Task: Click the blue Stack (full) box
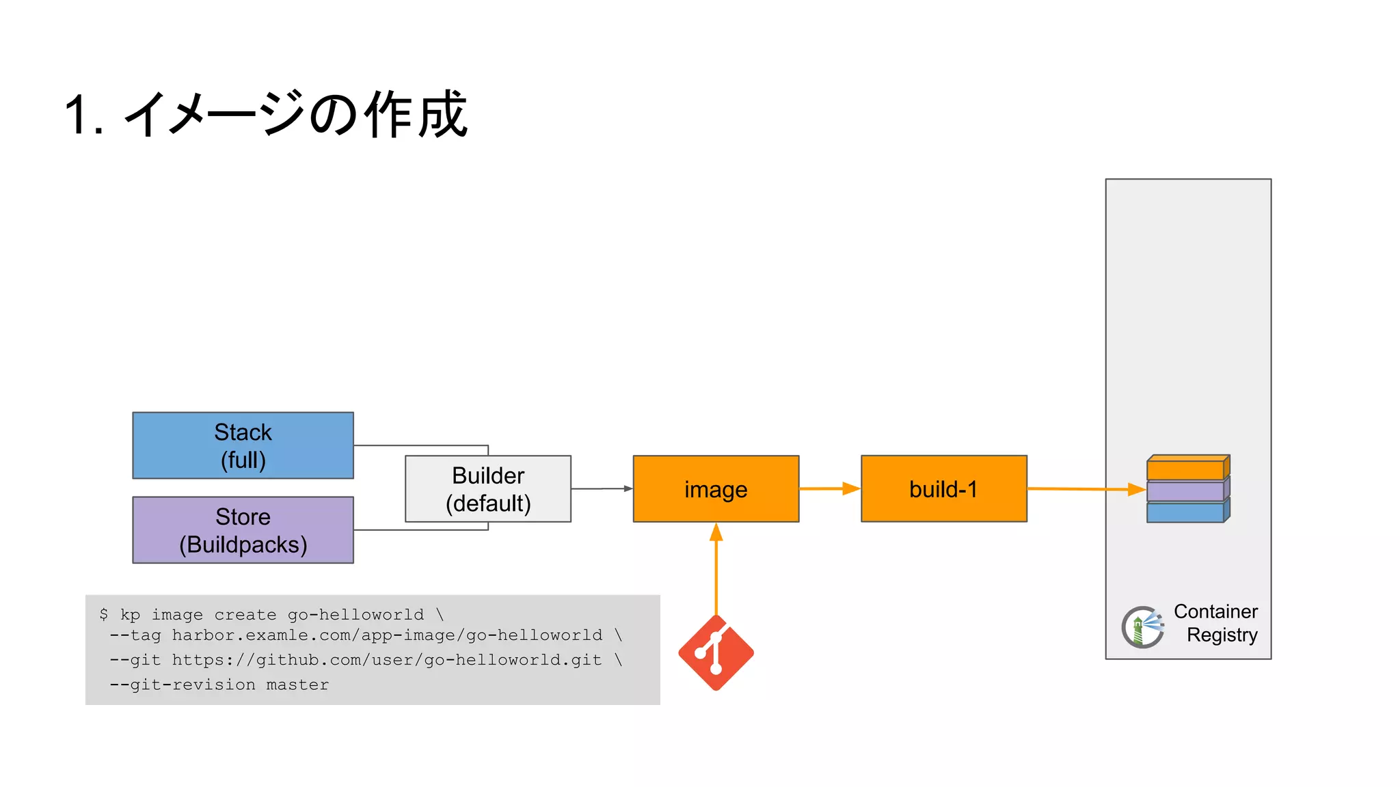[x=243, y=445]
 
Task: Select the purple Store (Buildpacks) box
[x=243, y=530]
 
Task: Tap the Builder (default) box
[x=488, y=489]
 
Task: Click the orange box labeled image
[x=716, y=489]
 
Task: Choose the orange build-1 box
[x=943, y=489]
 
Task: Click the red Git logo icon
[x=716, y=653]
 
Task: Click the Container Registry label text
[x=1216, y=623]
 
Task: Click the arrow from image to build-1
[x=829, y=488]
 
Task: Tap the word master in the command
[x=297, y=685]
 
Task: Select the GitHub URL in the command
[x=386, y=660]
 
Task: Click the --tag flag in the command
[x=135, y=635]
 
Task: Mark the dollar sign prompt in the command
[x=103, y=614]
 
